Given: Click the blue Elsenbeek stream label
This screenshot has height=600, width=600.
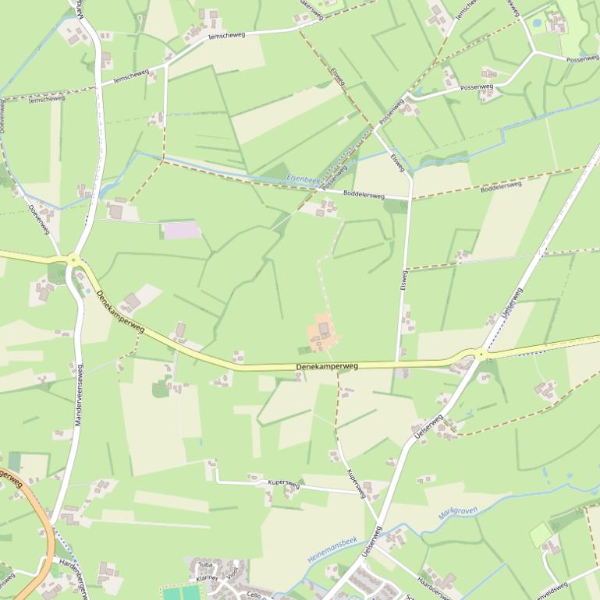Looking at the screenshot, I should [x=304, y=179].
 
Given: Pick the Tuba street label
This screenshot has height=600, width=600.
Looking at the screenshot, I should [x=205, y=565].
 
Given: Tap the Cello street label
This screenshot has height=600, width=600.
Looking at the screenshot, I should [x=252, y=595].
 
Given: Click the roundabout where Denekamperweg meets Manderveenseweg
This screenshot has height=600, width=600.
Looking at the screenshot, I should [x=73, y=260].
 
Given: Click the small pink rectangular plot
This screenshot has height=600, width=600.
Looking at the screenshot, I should [x=180, y=230].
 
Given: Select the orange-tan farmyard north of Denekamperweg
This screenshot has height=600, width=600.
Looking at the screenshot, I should [x=323, y=333].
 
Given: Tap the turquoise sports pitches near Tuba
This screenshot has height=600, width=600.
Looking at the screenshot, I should [x=182, y=593].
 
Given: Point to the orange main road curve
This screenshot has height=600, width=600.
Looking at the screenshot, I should [x=39, y=530].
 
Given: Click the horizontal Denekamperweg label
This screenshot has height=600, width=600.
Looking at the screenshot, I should [x=327, y=365].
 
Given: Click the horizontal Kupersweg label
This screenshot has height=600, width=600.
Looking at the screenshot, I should [x=283, y=483].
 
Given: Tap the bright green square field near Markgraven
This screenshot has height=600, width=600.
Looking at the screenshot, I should [x=540, y=535].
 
